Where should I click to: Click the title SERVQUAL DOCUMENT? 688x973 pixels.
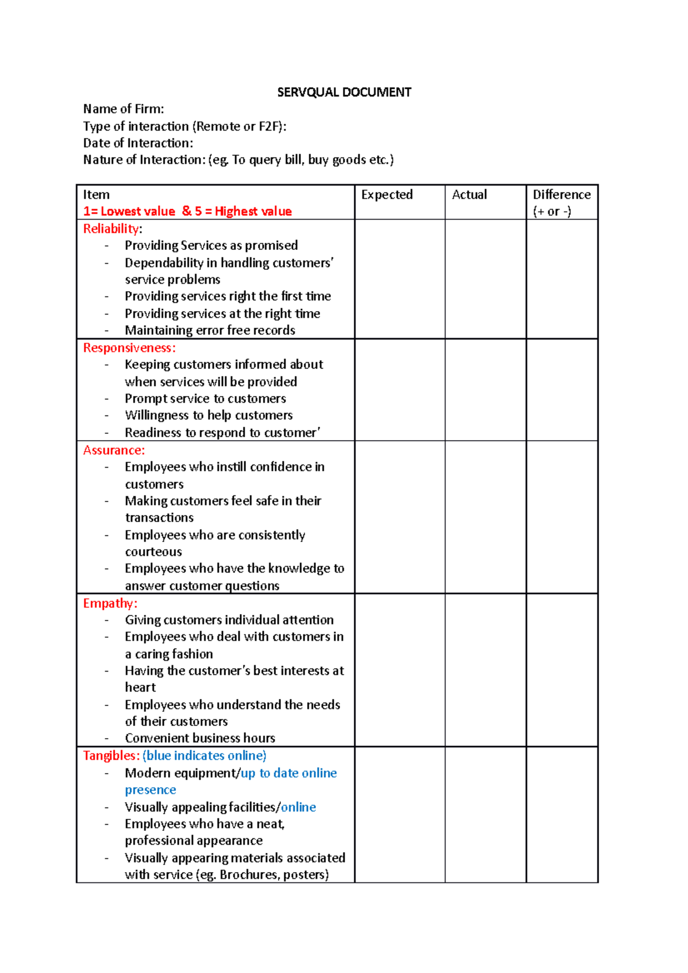click(x=344, y=92)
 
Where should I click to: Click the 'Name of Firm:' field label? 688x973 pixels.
click(x=123, y=109)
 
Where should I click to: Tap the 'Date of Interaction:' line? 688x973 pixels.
click(x=138, y=143)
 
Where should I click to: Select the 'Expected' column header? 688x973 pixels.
click(x=387, y=195)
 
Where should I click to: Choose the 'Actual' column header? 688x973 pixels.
click(x=469, y=195)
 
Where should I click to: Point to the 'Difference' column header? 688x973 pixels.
click(x=561, y=195)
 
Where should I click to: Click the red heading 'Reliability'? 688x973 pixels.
click(x=111, y=229)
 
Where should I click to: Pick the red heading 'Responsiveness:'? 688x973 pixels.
click(x=129, y=348)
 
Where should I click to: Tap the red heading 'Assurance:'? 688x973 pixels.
click(x=114, y=450)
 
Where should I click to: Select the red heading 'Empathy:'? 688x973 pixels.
click(x=110, y=603)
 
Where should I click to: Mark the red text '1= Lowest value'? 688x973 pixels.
click(x=129, y=211)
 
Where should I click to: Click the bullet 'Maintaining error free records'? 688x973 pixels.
click(x=210, y=331)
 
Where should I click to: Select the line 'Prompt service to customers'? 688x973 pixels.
click(x=205, y=399)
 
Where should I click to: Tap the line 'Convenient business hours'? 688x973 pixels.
click(x=200, y=738)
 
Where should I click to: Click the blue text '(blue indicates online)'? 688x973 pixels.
click(x=204, y=756)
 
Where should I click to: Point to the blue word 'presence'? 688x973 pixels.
click(x=150, y=790)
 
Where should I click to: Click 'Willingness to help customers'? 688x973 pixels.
click(x=209, y=415)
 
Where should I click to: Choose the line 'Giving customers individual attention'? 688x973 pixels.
click(x=229, y=620)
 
